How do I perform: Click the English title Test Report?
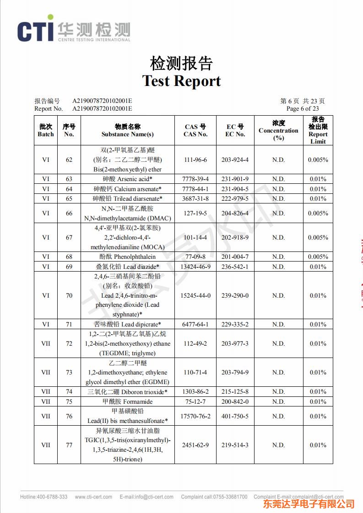[x=181, y=81]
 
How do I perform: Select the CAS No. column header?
[x=195, y=130]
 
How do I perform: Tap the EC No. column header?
[x=235, y=130]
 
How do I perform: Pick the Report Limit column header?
[x=318, y=130]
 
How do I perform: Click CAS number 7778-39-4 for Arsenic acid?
[x=195, y=179]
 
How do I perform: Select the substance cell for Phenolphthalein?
[x=128, y=256]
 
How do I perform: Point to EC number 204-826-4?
[x=235, y=213]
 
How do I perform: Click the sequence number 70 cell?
[x=69, y=295]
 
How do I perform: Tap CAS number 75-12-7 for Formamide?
[x=195, y=401]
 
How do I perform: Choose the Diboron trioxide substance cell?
[x=128, y=392]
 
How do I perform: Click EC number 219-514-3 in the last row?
[x=235, y=445]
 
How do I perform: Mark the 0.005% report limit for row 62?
[x=318, y=160]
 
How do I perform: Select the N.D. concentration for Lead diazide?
[x=278, y=267]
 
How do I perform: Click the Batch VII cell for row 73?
[x=46, y=372]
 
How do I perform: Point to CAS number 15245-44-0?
[x=195, y=295]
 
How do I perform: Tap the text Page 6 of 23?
[x=303, y=108]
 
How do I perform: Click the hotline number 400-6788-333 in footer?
[x=43, y=497]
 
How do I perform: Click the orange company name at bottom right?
[x=309, y=504]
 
